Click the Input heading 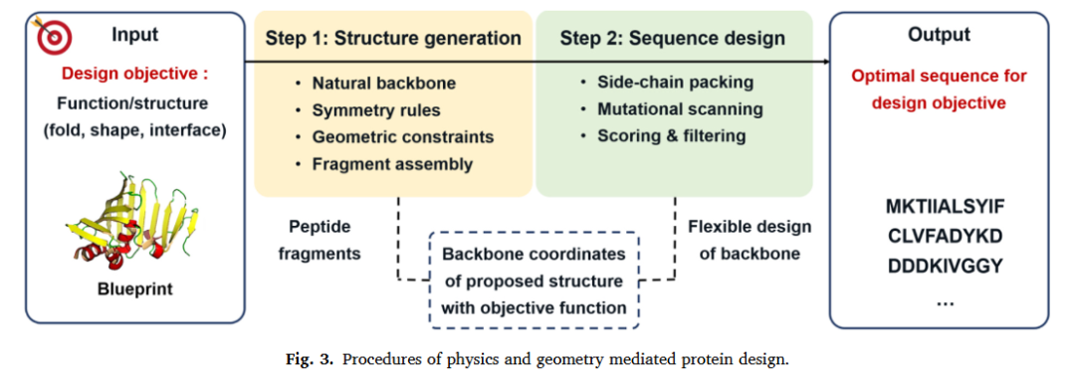[135, 34]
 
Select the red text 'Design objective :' [135, 76]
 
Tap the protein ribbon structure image [133, 219]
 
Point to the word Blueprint [135, 289]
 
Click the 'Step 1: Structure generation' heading [393, 38]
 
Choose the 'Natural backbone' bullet [384, 84]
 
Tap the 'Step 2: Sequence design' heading [673, 38]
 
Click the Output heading [939, 34]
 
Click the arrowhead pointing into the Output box [825, 63]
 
